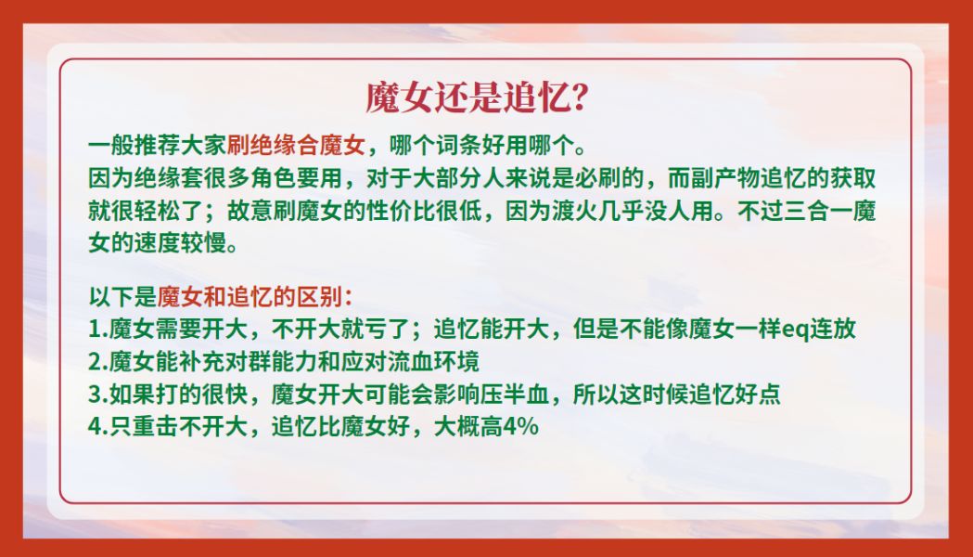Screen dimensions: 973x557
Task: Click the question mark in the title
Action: coord(578,97)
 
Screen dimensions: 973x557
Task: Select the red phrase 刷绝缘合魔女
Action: coord(296,146)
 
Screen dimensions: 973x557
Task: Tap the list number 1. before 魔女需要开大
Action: coord(98,330)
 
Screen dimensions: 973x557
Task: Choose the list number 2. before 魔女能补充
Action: coord(98,361)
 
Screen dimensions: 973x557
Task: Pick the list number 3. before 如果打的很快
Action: coord(98,395)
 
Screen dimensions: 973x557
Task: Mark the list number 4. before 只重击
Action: coord(98,427)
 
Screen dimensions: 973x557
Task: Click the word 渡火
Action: coord(552,211)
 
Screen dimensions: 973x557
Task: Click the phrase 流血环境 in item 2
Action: coord(433,361)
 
